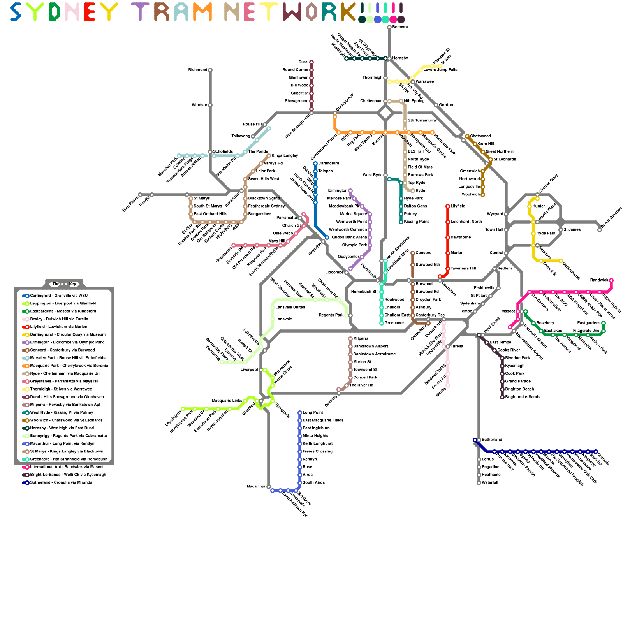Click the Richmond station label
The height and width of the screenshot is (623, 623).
(197, 70)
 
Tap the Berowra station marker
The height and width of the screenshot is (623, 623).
(389, 27)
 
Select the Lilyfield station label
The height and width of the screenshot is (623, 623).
(458, 206)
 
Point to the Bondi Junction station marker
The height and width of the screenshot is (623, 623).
(600, 230)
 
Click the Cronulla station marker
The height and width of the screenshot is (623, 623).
(596, 452)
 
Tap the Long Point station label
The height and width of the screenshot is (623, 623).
(313, 413)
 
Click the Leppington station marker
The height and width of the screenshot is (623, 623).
(183, 409)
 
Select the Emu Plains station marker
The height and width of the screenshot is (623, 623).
(140, 195)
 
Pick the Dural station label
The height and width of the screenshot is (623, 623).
(303, 62)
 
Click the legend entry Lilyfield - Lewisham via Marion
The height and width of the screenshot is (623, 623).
(59, 327)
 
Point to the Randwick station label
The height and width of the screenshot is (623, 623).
(599, 280)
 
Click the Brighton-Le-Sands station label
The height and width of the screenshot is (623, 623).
(523, 397)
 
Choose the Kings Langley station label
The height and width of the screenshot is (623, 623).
(285, 156)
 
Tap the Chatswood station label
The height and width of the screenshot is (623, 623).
(480, 136)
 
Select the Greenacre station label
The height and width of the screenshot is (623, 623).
(394, 323)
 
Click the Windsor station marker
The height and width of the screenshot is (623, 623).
(210, 105)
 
